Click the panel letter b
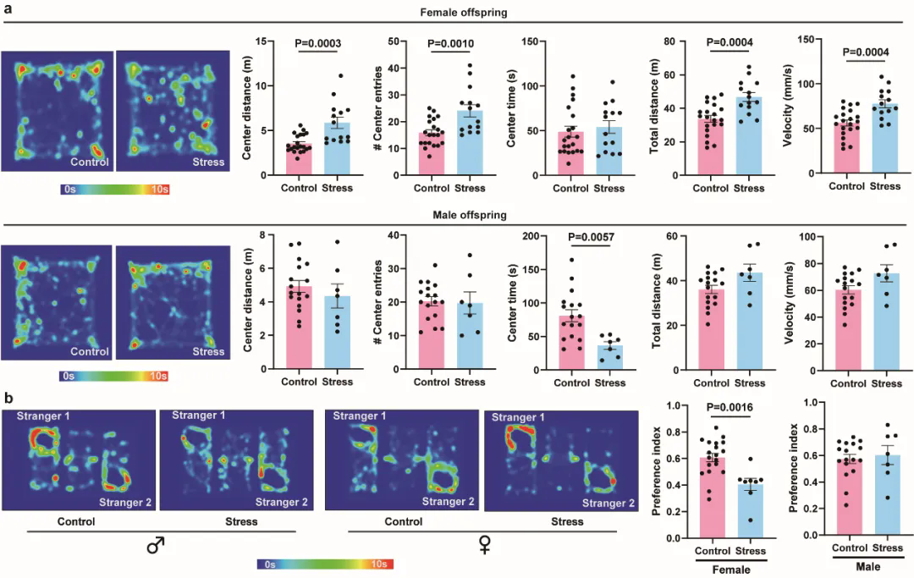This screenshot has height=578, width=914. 8,396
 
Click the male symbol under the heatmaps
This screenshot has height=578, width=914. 155,546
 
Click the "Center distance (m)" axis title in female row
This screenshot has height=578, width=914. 246,107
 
